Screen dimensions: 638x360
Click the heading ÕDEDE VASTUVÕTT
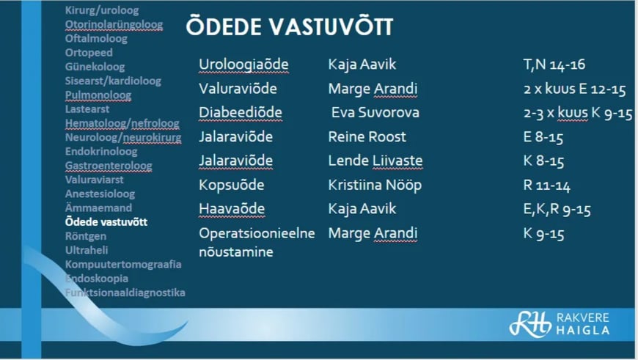tap(289, 26)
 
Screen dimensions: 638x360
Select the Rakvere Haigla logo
tap(560, 324)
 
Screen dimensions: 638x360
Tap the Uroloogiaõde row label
tap(243, 65)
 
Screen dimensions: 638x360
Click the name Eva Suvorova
tap(375, 112)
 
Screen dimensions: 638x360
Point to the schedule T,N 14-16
tap(554, 65)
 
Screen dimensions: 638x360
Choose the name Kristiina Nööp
tap(375, 185)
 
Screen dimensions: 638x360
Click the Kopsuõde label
tap(232, 185)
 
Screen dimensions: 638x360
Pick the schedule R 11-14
tap(546, 185)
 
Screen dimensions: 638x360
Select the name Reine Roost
tap(367, 136)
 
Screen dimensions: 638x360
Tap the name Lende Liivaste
tap(375, 161)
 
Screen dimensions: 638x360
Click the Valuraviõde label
tap(238, 88)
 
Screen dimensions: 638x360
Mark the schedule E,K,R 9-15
tap(557, 210)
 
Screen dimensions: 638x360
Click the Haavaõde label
tap(232, 209)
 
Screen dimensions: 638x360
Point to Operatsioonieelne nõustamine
tap(257, 243)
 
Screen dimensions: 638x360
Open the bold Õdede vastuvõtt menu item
tap(106, 222)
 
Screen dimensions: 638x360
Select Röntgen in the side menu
tap(86, 236)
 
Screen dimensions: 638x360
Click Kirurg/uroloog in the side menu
tap(102, 10)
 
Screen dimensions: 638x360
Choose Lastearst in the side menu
tap(87, 109)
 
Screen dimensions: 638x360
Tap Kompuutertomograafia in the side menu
tap(123, 265)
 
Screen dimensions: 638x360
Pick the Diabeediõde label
tap(241, 112)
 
